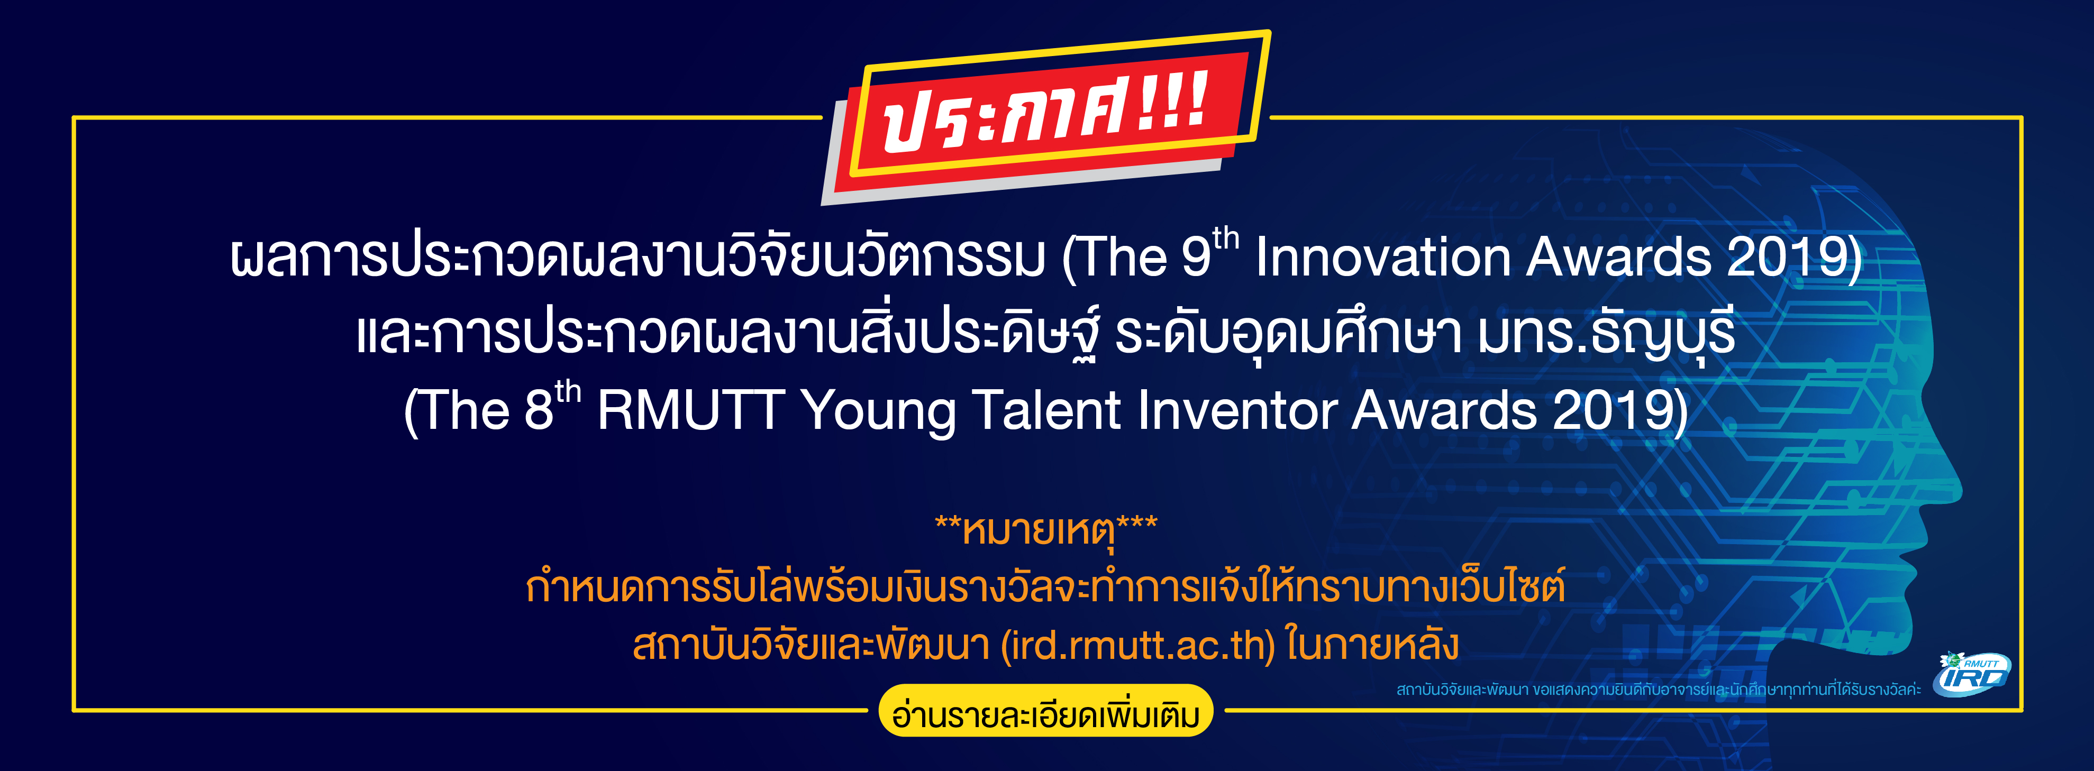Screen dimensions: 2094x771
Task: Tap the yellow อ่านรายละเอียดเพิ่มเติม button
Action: click(1046, 712)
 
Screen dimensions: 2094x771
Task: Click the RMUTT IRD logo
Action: click(1974, 674)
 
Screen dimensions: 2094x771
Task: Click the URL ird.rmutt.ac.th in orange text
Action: click(1138, 646)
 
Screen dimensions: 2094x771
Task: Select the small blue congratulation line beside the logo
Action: click(1658, 690)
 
